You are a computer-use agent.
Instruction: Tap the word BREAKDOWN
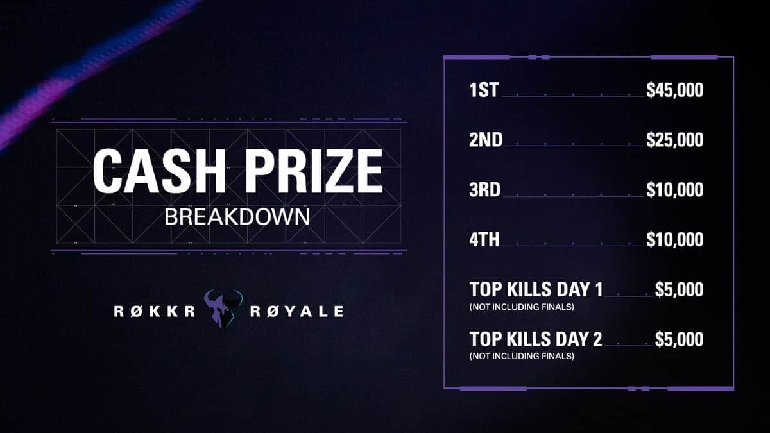[237, 216]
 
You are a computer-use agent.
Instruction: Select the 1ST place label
[484, 90]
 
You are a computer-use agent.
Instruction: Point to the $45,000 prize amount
[674, 90]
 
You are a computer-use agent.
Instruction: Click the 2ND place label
[486, 140]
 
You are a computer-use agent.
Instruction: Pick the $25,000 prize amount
[674, 140]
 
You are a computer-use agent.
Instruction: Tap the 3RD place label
[486, 191]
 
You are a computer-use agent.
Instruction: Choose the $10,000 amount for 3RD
[674, 191]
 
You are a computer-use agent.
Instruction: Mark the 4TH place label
[484, 241]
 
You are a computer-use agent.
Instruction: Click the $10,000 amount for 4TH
[674, 241]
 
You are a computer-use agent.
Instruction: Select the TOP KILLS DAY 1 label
[536, 290]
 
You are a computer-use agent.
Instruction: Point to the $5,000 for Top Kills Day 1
[679, 290]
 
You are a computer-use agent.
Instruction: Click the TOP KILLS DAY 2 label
[536, 339]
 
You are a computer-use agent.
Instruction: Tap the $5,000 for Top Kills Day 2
[679, 339]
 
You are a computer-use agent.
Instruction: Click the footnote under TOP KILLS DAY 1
[521, 307]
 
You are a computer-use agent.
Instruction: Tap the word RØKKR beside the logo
[155, 312]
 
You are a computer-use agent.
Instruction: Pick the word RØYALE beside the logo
[296, 312]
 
